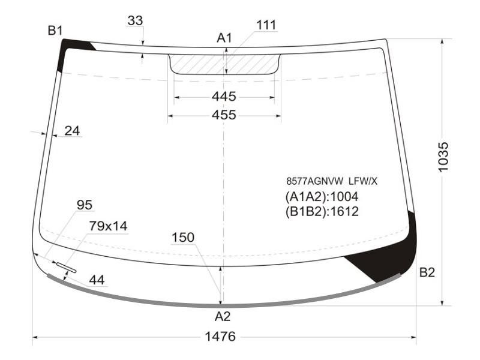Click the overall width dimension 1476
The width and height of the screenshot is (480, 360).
click(x=220, y=337)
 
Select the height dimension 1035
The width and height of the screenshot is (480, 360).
click(x=443, y=157)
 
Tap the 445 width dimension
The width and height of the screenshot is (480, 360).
click(x=224, y=97)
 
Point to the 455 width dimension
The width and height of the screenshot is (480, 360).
click(x=224, y=115)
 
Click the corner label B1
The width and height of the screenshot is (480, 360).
click(x=55, y=31)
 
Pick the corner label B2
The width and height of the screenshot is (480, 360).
click(x=427, y=272)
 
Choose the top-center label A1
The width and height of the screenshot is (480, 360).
click(x=224, y=38)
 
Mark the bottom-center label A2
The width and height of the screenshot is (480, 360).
click(x=223, y=316)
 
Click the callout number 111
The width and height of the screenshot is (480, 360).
click(x=266, y=25)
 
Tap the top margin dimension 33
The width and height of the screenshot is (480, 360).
click(x=136, y=21)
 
